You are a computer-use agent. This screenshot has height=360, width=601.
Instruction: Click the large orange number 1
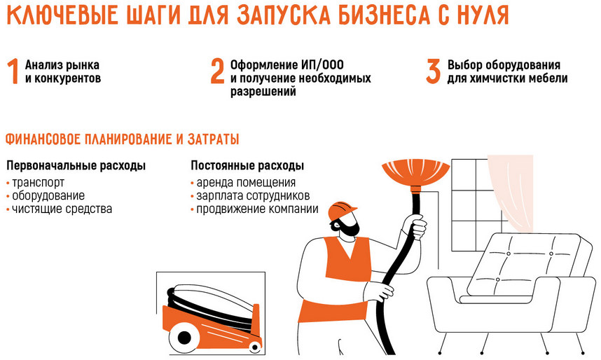12,72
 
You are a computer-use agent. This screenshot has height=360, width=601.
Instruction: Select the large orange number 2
218,72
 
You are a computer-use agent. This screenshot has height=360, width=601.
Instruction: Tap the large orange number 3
434,72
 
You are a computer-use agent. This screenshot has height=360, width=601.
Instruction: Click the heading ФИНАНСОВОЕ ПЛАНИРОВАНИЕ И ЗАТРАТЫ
123,139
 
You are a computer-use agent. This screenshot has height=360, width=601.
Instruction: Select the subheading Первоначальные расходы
76,167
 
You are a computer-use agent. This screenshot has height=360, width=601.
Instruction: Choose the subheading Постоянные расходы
247,167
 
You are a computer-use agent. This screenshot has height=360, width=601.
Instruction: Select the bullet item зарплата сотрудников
252,196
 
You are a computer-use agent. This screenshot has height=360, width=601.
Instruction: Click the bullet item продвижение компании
257,209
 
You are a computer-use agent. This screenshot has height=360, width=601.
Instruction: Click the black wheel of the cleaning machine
184,338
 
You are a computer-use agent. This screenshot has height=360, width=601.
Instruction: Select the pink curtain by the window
513,189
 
